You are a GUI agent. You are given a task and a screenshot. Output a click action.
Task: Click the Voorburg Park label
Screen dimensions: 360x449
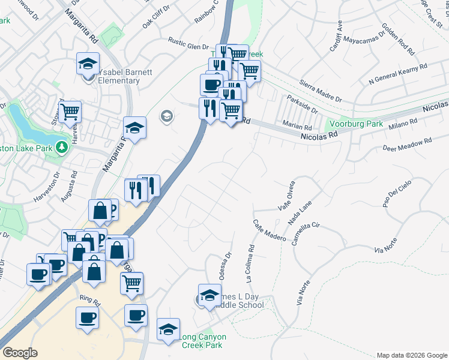pyautogui.click(x=358, y=124)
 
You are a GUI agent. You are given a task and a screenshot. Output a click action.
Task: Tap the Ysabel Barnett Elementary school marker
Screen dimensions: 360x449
pyautogui.click(x=88, y=63)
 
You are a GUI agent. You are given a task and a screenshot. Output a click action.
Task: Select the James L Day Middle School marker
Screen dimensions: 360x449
pyautogui.click(x=209, y=296)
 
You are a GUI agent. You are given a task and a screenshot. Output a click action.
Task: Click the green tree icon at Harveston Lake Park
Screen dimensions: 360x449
pyautogui.click(x=61, y=147)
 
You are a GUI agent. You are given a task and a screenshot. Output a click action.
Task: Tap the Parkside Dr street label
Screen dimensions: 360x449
pyautogui.click(x=302, y=103)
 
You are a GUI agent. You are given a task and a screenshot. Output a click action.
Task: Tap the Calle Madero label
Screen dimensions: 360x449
pyautogui.click(x=269, y=230)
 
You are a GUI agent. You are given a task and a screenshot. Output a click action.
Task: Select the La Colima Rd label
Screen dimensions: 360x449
pyautogui.click(x=250, y=262)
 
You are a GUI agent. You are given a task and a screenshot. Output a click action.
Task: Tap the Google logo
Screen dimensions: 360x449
pyautogui.click(x=20, y=353)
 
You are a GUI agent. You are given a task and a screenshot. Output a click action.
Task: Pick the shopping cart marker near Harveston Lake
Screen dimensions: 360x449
pyautogui.click(x=70, y=111)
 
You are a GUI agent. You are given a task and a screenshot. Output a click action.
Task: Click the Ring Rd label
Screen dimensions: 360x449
pyautogui.click(x=88, y=298)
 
